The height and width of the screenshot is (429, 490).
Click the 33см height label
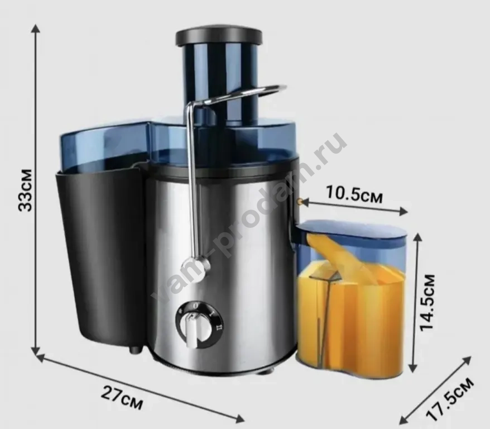(x=26, y=190)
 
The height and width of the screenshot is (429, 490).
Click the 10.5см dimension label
(x=354, y=194)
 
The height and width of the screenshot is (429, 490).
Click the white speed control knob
(x=192, y=331)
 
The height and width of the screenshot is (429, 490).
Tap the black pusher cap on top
(x=219, y=37)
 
